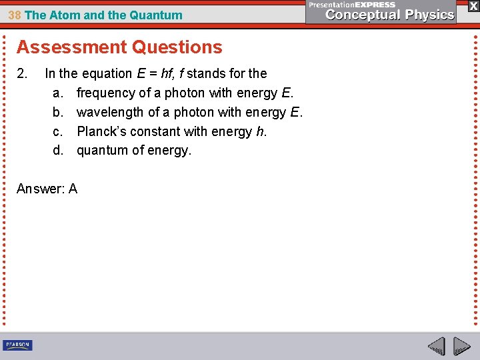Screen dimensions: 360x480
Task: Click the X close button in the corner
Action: [x=473, y=5]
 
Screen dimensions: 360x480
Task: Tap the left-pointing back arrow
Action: [x=436, y=347]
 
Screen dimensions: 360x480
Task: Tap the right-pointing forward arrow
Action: [x=461, y=347]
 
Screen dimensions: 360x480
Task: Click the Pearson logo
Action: [x=17, y=345]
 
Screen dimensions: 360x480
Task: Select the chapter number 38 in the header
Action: [x=15, y=15]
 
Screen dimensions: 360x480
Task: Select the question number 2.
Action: [x=22, y=73]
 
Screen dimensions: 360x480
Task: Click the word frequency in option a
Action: [x=106, y=93]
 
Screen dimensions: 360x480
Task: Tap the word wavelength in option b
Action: [x=110, y=112]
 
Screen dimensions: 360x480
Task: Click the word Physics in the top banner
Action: [x=427, y=15]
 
